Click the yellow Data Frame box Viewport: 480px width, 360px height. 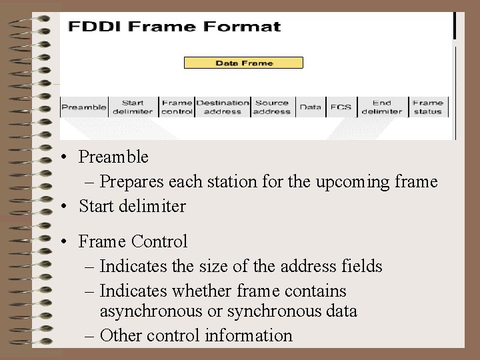(x=243, y=63)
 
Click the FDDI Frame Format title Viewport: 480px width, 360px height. (x=175, y=27)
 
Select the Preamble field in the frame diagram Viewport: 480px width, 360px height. (x=84, y=107)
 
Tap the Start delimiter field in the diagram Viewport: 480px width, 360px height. (x=133, y=107)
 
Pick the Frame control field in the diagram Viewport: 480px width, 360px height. (x=177, y=107)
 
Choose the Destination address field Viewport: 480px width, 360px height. (x=223, y=107)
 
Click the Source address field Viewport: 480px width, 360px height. (x=272, y=107)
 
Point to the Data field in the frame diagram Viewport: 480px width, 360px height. (x=311, y=107)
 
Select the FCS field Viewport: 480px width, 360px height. (x=341, y=107)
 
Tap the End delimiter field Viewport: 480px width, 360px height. (x=382, y=107)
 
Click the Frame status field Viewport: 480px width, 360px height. (x=427, y=107)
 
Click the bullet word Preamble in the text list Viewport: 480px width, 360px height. (x=113, y=157)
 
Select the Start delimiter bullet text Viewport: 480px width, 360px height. (x=132, y=206)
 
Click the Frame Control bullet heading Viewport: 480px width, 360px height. (x=133, y=241)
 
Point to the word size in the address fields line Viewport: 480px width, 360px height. (x=214, y=267)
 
